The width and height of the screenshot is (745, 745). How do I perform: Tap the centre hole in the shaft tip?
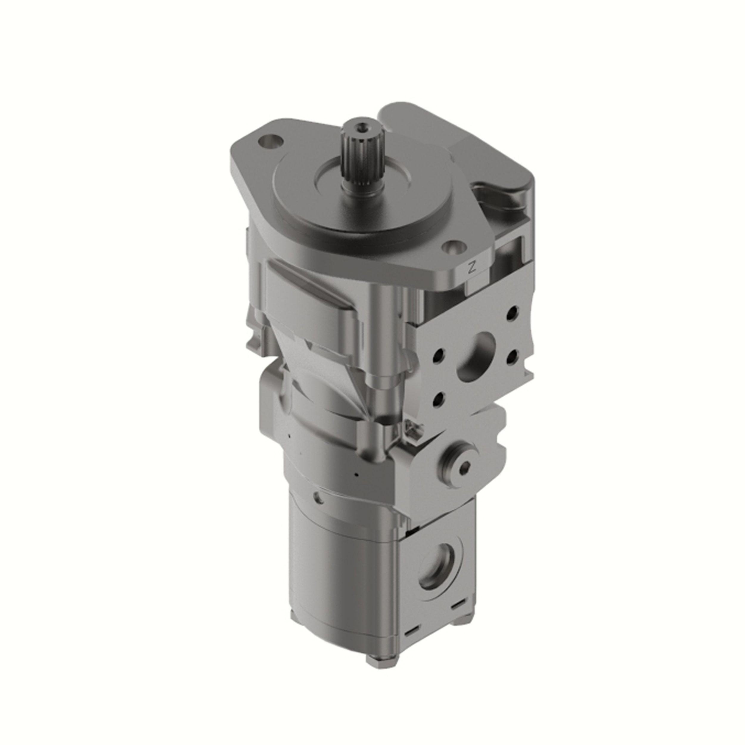tap(361, 126)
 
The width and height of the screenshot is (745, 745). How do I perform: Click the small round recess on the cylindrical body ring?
tap(319, 498)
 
